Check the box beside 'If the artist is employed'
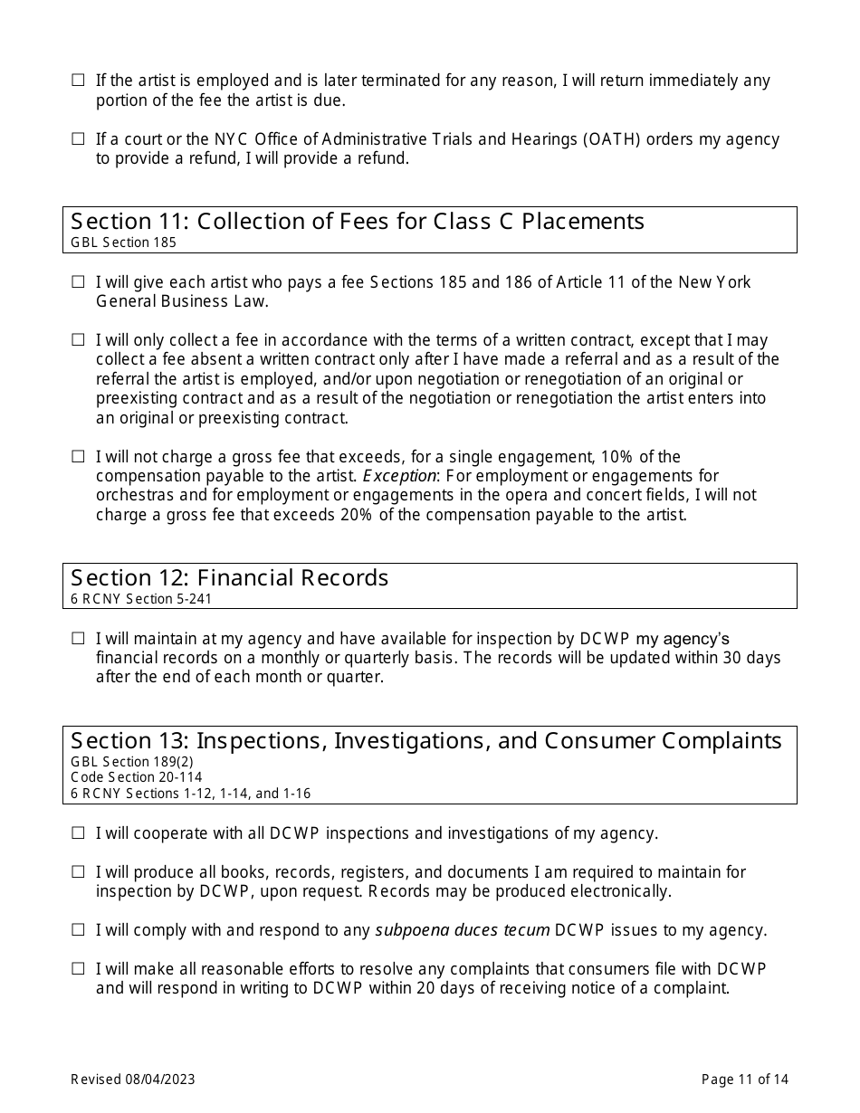pyautogui.click(x=78, y=81)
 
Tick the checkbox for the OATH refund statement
pyautogui.click(x=78, y=139)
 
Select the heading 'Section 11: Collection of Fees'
pyautogui.click(x=358, y=222)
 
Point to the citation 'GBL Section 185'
pyautogui.click(x=123, y=243)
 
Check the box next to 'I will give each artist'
pyautogui.click(x=78, y=282)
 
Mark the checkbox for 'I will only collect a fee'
pyautogui.click(x=78, y=340)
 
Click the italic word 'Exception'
pyautogui.click(x=399, y=476)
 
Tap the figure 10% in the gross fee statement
pyautogui.click(x=616, y=457)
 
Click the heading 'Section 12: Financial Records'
pyautogui.click(x=230, y=578)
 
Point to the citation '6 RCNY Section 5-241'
pyautogui.click(x=141, y=598)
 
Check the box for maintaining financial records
pyautogui.click(x=78, y=639)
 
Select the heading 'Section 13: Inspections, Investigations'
pyautogui.click(x=425, y=741)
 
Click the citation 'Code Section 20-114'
pyautogui.click(x=137, y=777)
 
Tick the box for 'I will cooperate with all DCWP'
pyautogui.click(x=78, y=833)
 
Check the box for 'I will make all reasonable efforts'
pyautogui.click(x=78, y=969)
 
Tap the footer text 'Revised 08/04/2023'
pyautogui.click(x=133, y=1079)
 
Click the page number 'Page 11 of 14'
pyautogui.click(x=745, y=1079)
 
